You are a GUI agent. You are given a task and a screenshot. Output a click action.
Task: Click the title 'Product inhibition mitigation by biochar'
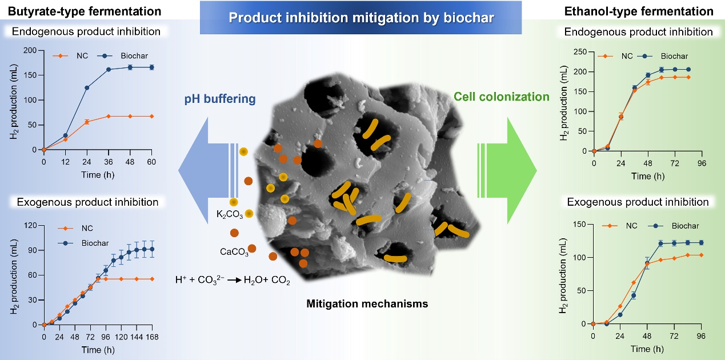coord(362,17)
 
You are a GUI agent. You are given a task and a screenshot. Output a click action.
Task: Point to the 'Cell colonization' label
coord(501,97)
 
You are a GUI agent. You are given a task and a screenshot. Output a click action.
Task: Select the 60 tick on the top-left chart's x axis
coord(151,160)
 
